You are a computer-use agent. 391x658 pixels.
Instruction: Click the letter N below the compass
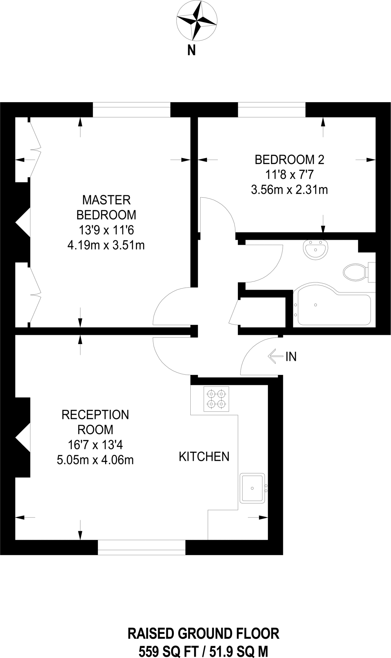(192, 50)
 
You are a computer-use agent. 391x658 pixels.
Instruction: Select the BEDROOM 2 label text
(289, 160)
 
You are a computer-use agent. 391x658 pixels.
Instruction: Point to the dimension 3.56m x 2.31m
(289, 190)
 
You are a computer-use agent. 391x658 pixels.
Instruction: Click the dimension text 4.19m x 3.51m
(106, 245)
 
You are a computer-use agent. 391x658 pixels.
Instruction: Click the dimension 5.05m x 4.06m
(95, 460)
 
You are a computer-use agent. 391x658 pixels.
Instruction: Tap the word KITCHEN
(204, 457)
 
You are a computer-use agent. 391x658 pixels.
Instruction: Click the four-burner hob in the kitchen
(216, 399)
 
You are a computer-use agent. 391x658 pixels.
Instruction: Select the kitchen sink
(252, 488)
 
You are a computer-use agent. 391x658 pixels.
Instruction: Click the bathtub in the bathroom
(333, 305)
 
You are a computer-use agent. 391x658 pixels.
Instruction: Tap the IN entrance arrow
(274, 356)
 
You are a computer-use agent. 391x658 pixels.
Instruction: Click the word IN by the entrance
(291, 357)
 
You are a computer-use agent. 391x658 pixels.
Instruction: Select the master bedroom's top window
(132, 110)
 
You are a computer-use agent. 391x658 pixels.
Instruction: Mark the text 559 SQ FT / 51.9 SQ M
(203, 652)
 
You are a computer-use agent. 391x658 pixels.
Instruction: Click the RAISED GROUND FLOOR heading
(203, 634)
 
